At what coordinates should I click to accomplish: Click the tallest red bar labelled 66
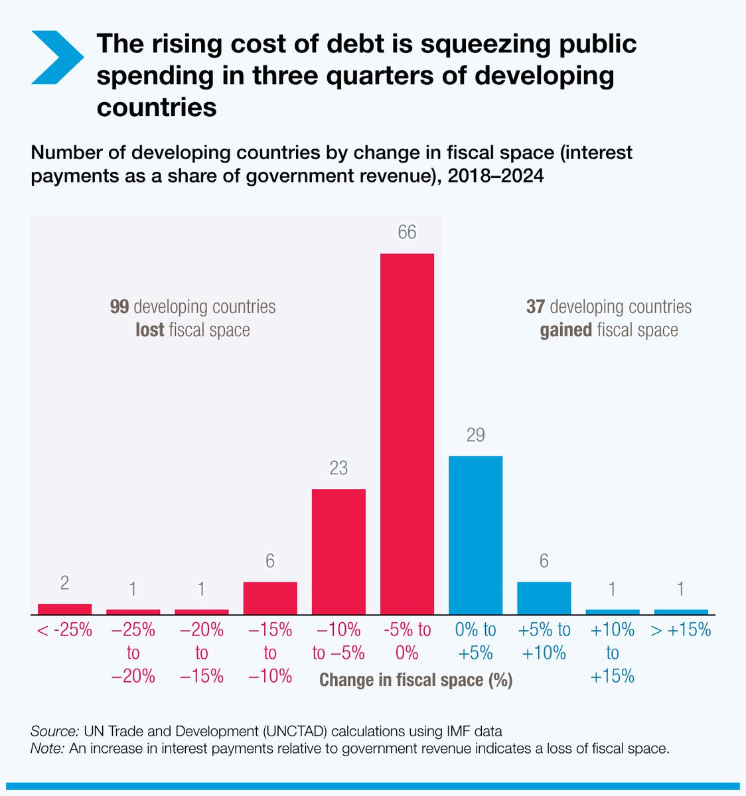pos(407,434)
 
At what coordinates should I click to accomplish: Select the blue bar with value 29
pos(475,535)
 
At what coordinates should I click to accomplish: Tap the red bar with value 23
pos(338,551)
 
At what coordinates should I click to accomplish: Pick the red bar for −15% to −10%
pos(270,598)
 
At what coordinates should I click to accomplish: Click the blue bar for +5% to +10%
pos(544,598)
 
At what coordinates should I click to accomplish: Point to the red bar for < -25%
pos(64,609)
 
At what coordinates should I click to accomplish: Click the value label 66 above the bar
pos(407,233)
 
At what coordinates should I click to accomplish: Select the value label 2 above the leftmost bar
pos(64,583)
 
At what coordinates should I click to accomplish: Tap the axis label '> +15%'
pos(681,630)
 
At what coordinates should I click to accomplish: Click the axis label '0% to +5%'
pos(475,641)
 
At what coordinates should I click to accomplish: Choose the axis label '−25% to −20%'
pos(133,653)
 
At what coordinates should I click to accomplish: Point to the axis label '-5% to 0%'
pos(407,641)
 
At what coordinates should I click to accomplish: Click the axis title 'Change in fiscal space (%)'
pos(416,680)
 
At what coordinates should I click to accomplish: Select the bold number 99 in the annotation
pos(119,307)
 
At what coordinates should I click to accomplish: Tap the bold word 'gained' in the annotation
pos(565,330)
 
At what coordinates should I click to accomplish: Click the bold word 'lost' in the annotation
pos(149,330)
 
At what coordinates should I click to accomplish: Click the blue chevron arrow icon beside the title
pos(57,58)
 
